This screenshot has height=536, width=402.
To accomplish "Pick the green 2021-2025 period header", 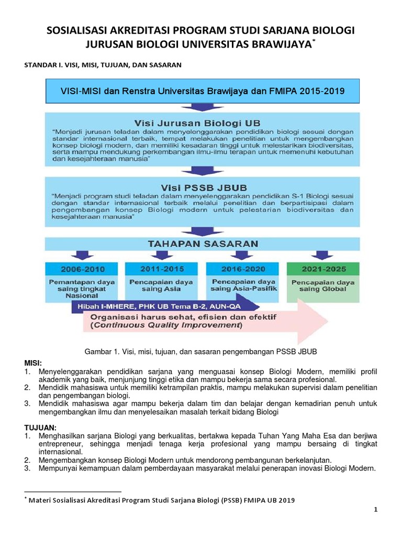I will point(323,269).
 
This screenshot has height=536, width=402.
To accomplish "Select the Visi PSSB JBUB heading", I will point(201,186).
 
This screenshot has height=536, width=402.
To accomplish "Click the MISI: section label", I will point(33,363).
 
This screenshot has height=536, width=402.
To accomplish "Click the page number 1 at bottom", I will point(375,510).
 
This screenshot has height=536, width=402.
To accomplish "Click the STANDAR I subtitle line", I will point(103,65).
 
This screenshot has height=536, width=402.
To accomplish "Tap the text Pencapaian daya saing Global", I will point(323,285).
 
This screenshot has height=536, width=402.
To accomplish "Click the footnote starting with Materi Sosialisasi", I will point(162,500).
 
